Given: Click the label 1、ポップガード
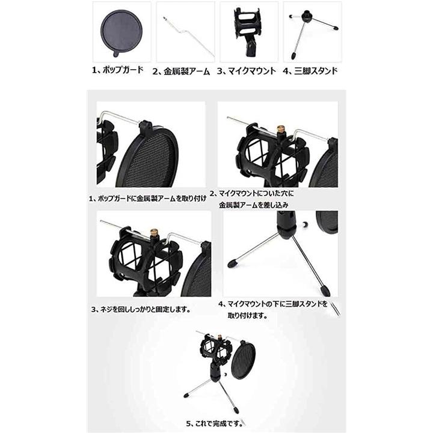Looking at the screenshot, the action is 118,70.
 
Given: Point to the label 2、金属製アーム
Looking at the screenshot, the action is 181,72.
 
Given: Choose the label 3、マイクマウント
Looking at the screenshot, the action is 247,71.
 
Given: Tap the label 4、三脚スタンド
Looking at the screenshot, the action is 310,71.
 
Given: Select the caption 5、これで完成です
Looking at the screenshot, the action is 215,423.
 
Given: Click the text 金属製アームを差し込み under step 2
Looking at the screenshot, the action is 254,205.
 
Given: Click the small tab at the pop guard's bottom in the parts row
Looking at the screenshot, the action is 117,54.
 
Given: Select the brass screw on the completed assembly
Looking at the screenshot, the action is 220,337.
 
